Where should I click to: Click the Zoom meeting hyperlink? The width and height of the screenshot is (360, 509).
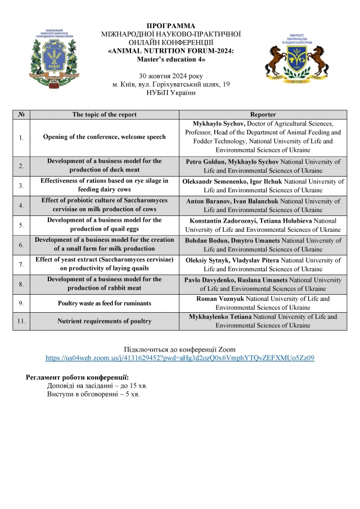[x=179, y=357]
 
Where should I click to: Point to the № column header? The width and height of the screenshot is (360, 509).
[x=21, y=114]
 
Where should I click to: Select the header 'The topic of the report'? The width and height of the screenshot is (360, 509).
[x=105, y=114]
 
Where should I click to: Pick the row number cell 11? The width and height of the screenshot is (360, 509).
[x=21, y=321]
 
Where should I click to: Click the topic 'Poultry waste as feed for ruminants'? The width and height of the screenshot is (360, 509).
[x=105, y=303]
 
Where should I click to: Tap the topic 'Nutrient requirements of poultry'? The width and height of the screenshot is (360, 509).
[x=105, y=321]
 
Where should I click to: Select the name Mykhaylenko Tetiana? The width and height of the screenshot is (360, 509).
[x=224, y=317]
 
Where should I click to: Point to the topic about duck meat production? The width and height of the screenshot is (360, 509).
[x=105, y=165]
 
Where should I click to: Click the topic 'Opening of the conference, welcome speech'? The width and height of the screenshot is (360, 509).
[x=105, y=137]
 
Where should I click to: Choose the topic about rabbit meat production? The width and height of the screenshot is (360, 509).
[x=105, y=284]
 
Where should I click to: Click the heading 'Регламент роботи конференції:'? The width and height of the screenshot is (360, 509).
[x=78, y=376]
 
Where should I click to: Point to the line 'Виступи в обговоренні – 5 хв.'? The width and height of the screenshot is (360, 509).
[x=94, y=394]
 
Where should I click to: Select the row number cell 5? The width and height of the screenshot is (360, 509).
[x=21, y=225]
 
